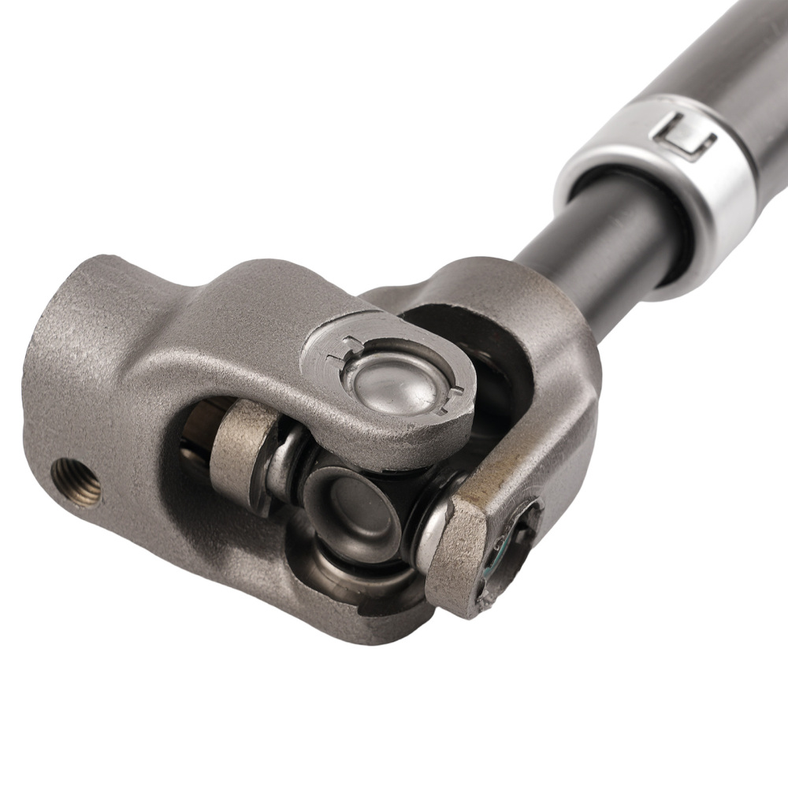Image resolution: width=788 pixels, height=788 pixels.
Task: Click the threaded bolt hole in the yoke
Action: click(76, 481)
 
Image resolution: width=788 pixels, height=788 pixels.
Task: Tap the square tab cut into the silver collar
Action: click(683, 136)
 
